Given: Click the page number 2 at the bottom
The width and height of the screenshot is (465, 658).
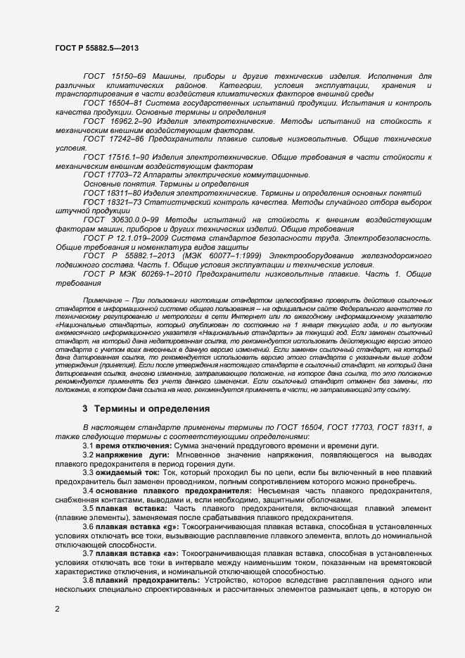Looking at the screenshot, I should [x=57, y=608].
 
